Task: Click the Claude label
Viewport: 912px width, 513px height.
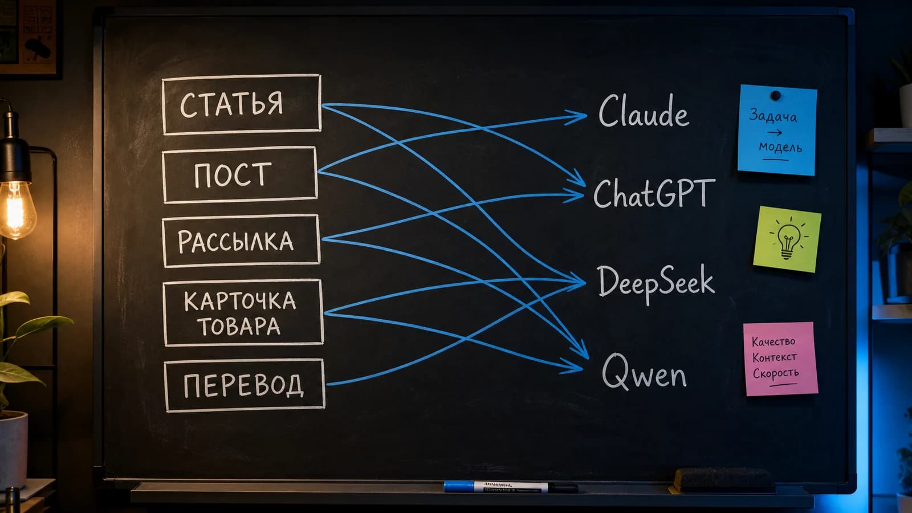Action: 644,111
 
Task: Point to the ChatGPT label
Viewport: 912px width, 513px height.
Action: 654,193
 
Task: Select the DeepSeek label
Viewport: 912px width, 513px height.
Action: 656,283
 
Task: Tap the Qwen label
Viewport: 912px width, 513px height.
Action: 644,372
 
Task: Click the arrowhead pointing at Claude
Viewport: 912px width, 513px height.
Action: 578,116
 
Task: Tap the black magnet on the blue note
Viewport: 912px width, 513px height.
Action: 776,96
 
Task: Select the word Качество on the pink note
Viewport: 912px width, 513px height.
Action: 773,341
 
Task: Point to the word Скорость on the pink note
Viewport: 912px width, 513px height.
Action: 776,373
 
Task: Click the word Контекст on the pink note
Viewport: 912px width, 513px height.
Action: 775,357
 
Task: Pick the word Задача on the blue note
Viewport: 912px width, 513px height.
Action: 773,116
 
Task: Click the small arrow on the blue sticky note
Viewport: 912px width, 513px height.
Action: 775,132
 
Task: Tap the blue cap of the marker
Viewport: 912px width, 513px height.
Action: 458,486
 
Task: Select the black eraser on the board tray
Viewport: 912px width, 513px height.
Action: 723,481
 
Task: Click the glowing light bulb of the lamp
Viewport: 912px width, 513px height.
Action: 17,209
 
